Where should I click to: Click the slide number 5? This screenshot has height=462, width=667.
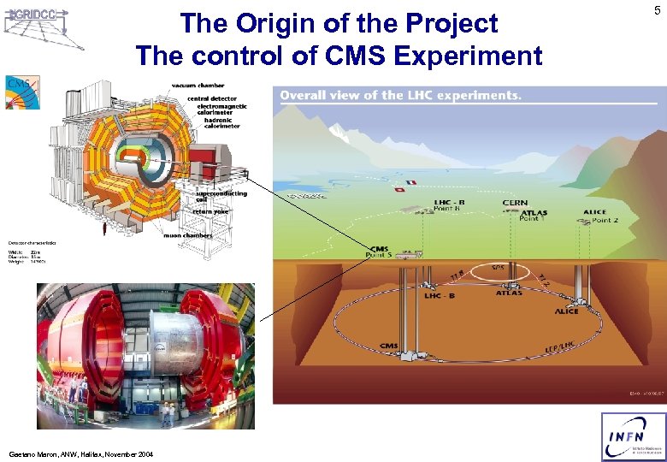click(656, 11)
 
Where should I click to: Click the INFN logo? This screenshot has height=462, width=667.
click(633, 437)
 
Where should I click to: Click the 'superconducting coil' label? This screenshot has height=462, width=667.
click(221, 196)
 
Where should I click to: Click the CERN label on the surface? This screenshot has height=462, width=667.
click(515, 203)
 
